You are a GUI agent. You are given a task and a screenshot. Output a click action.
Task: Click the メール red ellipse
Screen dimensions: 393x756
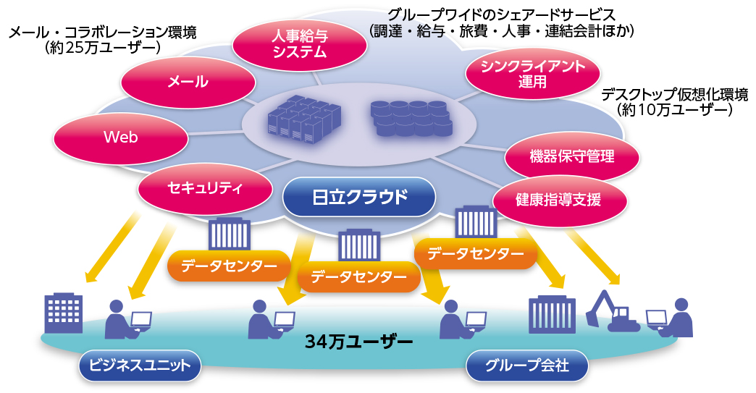188,82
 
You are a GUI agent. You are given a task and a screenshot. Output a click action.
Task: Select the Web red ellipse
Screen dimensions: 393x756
121,137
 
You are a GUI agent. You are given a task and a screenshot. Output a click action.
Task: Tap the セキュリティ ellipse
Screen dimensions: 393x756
204,188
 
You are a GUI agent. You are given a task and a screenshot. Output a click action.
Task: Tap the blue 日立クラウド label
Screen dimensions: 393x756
359,196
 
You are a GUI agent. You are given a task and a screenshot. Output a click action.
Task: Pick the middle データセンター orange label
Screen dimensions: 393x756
358,276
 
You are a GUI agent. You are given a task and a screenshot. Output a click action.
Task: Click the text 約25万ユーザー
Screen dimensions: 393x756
101,48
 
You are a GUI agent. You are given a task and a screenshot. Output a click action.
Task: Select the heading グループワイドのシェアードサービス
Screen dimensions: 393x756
501,14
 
